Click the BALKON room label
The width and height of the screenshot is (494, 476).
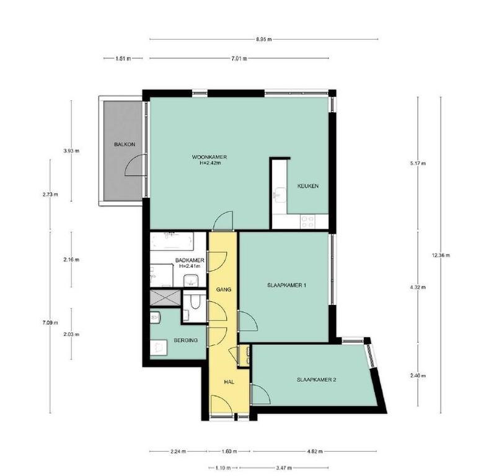click(x=125, y=144)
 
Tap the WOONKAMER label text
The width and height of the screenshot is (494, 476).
click(x=210, y=157)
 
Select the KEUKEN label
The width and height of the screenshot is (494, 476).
click(x=308, y=186)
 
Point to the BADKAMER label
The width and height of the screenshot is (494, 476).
click(x=190, y=260)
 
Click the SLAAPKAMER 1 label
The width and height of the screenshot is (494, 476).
click(x=287, y=285)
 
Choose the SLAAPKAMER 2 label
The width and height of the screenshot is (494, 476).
click(x=316, y=379)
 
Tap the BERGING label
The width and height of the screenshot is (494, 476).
click(x=186, y=340)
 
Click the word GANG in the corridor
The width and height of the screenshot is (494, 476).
click(x=224, y=289)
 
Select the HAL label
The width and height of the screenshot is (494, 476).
click(x=229, y=382)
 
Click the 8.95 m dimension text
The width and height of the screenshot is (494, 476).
click(x=263, y=40)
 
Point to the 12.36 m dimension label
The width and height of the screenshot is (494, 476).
click(x=441, y=255)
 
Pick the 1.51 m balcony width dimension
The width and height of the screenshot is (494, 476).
click(x=123, y=58)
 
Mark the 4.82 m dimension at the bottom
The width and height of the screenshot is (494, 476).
click(x=315, y=451)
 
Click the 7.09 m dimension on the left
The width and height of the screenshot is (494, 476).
click(x=50, y=322)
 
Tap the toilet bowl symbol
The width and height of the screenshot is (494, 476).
click(x=195, y=302)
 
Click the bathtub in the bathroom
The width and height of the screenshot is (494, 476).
click(x=172, y=241)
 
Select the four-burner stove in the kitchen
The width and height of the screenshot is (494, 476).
click(x=307, y=221)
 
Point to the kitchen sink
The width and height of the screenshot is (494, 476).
click(x=280, y=194)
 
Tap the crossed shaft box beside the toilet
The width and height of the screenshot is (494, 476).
click(x=165, y=297)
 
